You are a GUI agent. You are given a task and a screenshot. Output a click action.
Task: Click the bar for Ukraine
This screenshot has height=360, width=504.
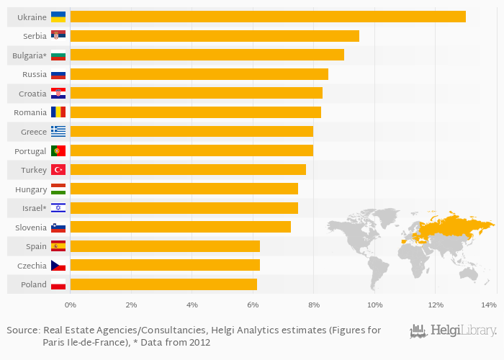[268, 17]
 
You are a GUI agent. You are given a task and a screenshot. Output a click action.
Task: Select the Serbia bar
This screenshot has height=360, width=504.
[215, 36]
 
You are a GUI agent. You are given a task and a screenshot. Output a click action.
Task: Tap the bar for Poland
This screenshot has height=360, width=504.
[163, 284]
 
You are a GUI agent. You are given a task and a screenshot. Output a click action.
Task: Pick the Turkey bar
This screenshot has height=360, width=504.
[188, 169]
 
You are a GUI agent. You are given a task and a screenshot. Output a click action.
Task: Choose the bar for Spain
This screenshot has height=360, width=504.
[165, 246]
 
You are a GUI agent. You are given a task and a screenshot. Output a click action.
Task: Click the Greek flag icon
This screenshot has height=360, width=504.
[58, 131]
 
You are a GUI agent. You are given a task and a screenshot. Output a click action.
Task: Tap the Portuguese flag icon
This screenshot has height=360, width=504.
[58, 150]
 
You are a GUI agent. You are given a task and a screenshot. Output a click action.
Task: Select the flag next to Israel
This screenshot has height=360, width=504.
[58, 208]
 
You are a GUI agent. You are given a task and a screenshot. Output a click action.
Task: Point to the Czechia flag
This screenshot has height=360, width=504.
[58, 266]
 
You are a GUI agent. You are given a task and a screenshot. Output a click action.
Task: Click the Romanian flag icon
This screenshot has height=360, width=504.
[58, 112]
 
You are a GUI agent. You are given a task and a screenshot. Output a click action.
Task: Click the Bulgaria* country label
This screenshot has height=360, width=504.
[30, 55]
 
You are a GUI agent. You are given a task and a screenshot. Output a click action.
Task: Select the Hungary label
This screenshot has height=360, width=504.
[31, 189]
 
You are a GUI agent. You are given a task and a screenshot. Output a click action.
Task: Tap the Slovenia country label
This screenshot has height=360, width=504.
[31, 227]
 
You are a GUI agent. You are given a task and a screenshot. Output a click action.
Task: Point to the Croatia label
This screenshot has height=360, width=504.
[32, 93]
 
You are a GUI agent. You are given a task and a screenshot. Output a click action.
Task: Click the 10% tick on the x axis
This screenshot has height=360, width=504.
[374, 305]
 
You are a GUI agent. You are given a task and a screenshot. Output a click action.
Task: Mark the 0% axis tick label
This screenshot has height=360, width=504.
[70, 305]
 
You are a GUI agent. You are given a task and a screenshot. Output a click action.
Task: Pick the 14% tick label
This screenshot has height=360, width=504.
[490, 305]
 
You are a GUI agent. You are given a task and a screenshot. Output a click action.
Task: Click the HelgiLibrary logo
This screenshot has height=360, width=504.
[454, 331]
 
